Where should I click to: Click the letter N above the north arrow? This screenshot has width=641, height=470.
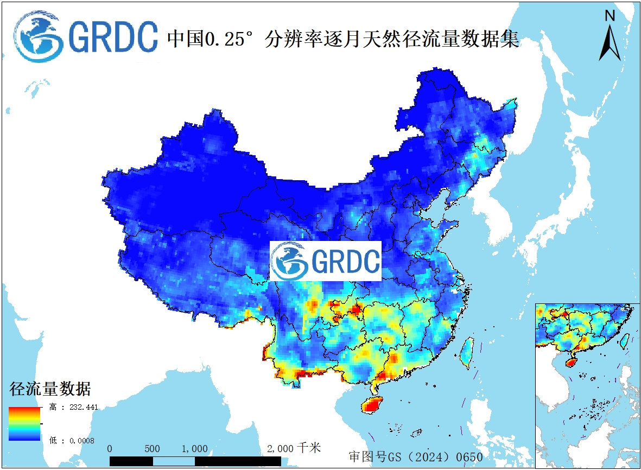click(610, 16)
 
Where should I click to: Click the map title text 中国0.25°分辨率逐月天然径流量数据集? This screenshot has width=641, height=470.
click(343, 39)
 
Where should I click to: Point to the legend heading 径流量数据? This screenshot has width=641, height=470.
click(49, 389)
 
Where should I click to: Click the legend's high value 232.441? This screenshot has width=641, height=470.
click(79, 407)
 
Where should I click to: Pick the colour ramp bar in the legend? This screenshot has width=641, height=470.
click(24, 423)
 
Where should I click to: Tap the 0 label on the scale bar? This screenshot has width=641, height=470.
click(110, 449)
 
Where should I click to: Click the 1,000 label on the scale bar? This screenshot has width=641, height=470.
click(194, 449)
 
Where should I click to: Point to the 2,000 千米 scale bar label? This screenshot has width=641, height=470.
click(294, 448)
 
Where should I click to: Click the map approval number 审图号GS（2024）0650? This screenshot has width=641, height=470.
click(415, 456)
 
